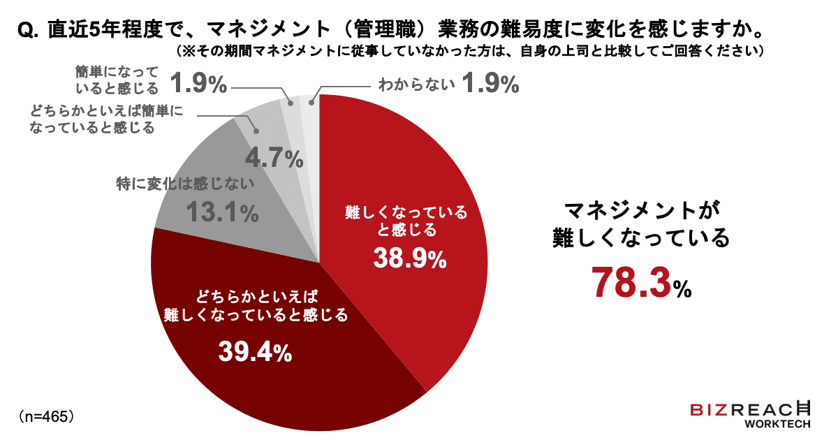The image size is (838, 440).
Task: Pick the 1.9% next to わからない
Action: tap(490, 85)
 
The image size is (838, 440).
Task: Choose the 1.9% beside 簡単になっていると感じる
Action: tap(200, 85)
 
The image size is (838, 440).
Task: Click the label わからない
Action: tap(416, 85)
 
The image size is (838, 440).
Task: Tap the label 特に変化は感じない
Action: tap(184, 185)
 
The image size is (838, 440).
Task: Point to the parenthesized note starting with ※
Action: tap(467, 53)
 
